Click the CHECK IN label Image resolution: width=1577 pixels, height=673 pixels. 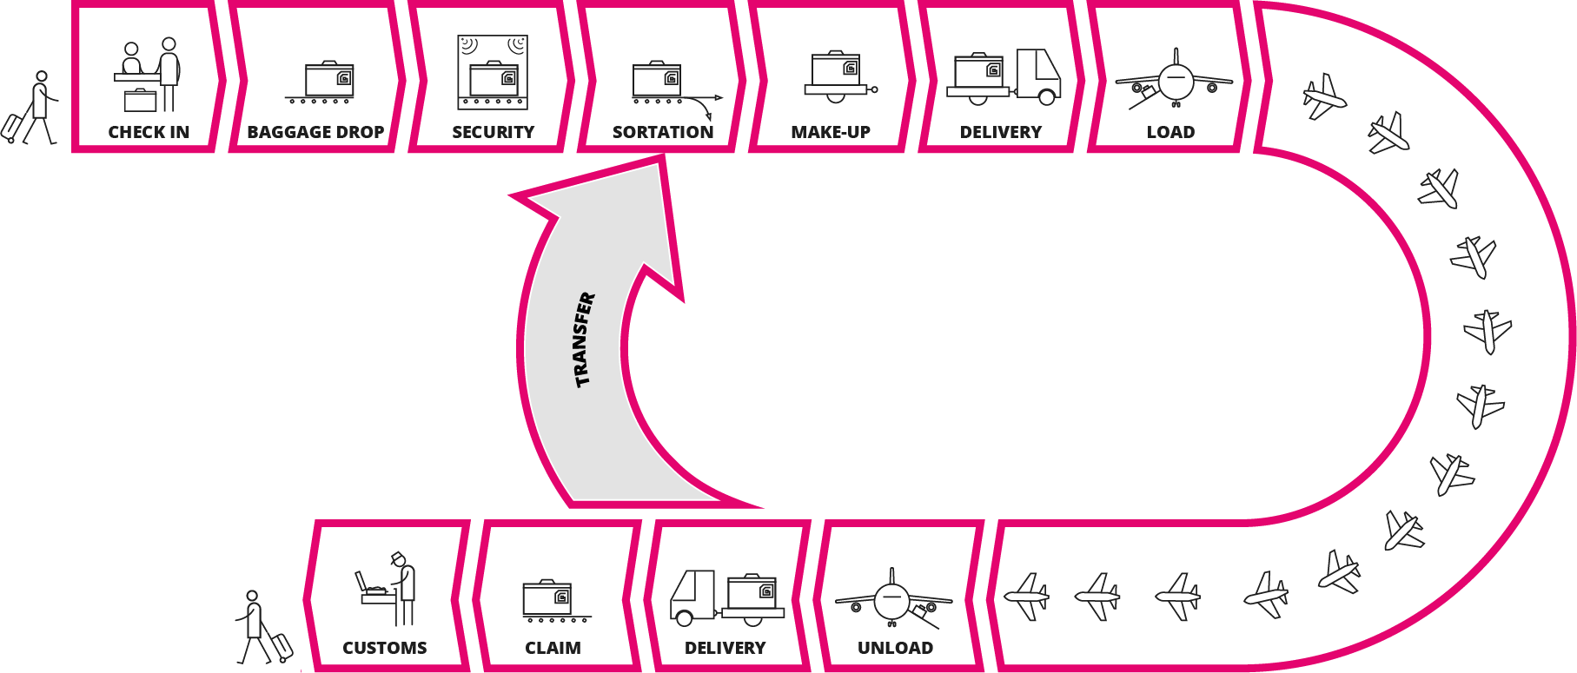pyautogui.click(x=149, y=132)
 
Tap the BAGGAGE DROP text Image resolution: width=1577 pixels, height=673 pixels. pyautogui.click(x=315, y=132)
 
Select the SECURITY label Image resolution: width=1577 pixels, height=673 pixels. pyautogui.click(x=493, y=132)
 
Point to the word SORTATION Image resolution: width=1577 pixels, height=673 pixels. pyautogui.click(x=663, y=132)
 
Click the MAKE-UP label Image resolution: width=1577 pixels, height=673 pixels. pyautogui.click(x=831, y=132)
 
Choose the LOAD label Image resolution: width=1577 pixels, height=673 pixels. pyautogui.click(x=1170, y=132)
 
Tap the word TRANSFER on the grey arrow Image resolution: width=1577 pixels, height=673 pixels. pyautogui.click(x=585, y=339)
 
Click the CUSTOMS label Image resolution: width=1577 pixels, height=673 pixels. pyautogui.click(x=385, y=648)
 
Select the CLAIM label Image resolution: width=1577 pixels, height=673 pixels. pyautogui.click(x=553, y=648)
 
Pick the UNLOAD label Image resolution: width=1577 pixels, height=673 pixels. pyautogui.click(x=895, y=648)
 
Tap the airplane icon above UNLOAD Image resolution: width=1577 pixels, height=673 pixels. pyautogui.click(x=892, y=598)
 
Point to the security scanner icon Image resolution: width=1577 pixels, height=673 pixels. pyautogui.click(x=493, y=72)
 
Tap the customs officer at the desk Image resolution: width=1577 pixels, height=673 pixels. pyautogui.click(x=404, y=587)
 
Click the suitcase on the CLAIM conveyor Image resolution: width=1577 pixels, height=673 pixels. pyautogui.click(x=547, y=597)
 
